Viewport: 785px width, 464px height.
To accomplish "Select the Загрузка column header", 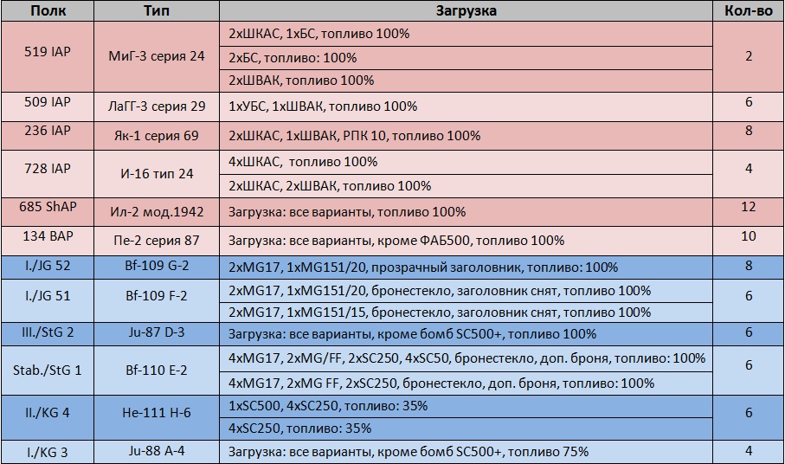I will point(466,11).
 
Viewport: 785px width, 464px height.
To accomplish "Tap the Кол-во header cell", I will point(749,11).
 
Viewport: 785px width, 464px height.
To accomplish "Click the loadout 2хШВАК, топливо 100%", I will point(301,81).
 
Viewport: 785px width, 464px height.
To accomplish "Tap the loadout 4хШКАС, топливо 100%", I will point(303,162).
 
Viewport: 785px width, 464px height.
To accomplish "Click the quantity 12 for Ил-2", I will point(749,208).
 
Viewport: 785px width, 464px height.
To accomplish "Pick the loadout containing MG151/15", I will point(440,313).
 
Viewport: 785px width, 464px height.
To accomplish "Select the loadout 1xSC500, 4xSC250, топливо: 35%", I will point(328,405).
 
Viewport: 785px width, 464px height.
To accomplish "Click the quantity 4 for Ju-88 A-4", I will point(749,450).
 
